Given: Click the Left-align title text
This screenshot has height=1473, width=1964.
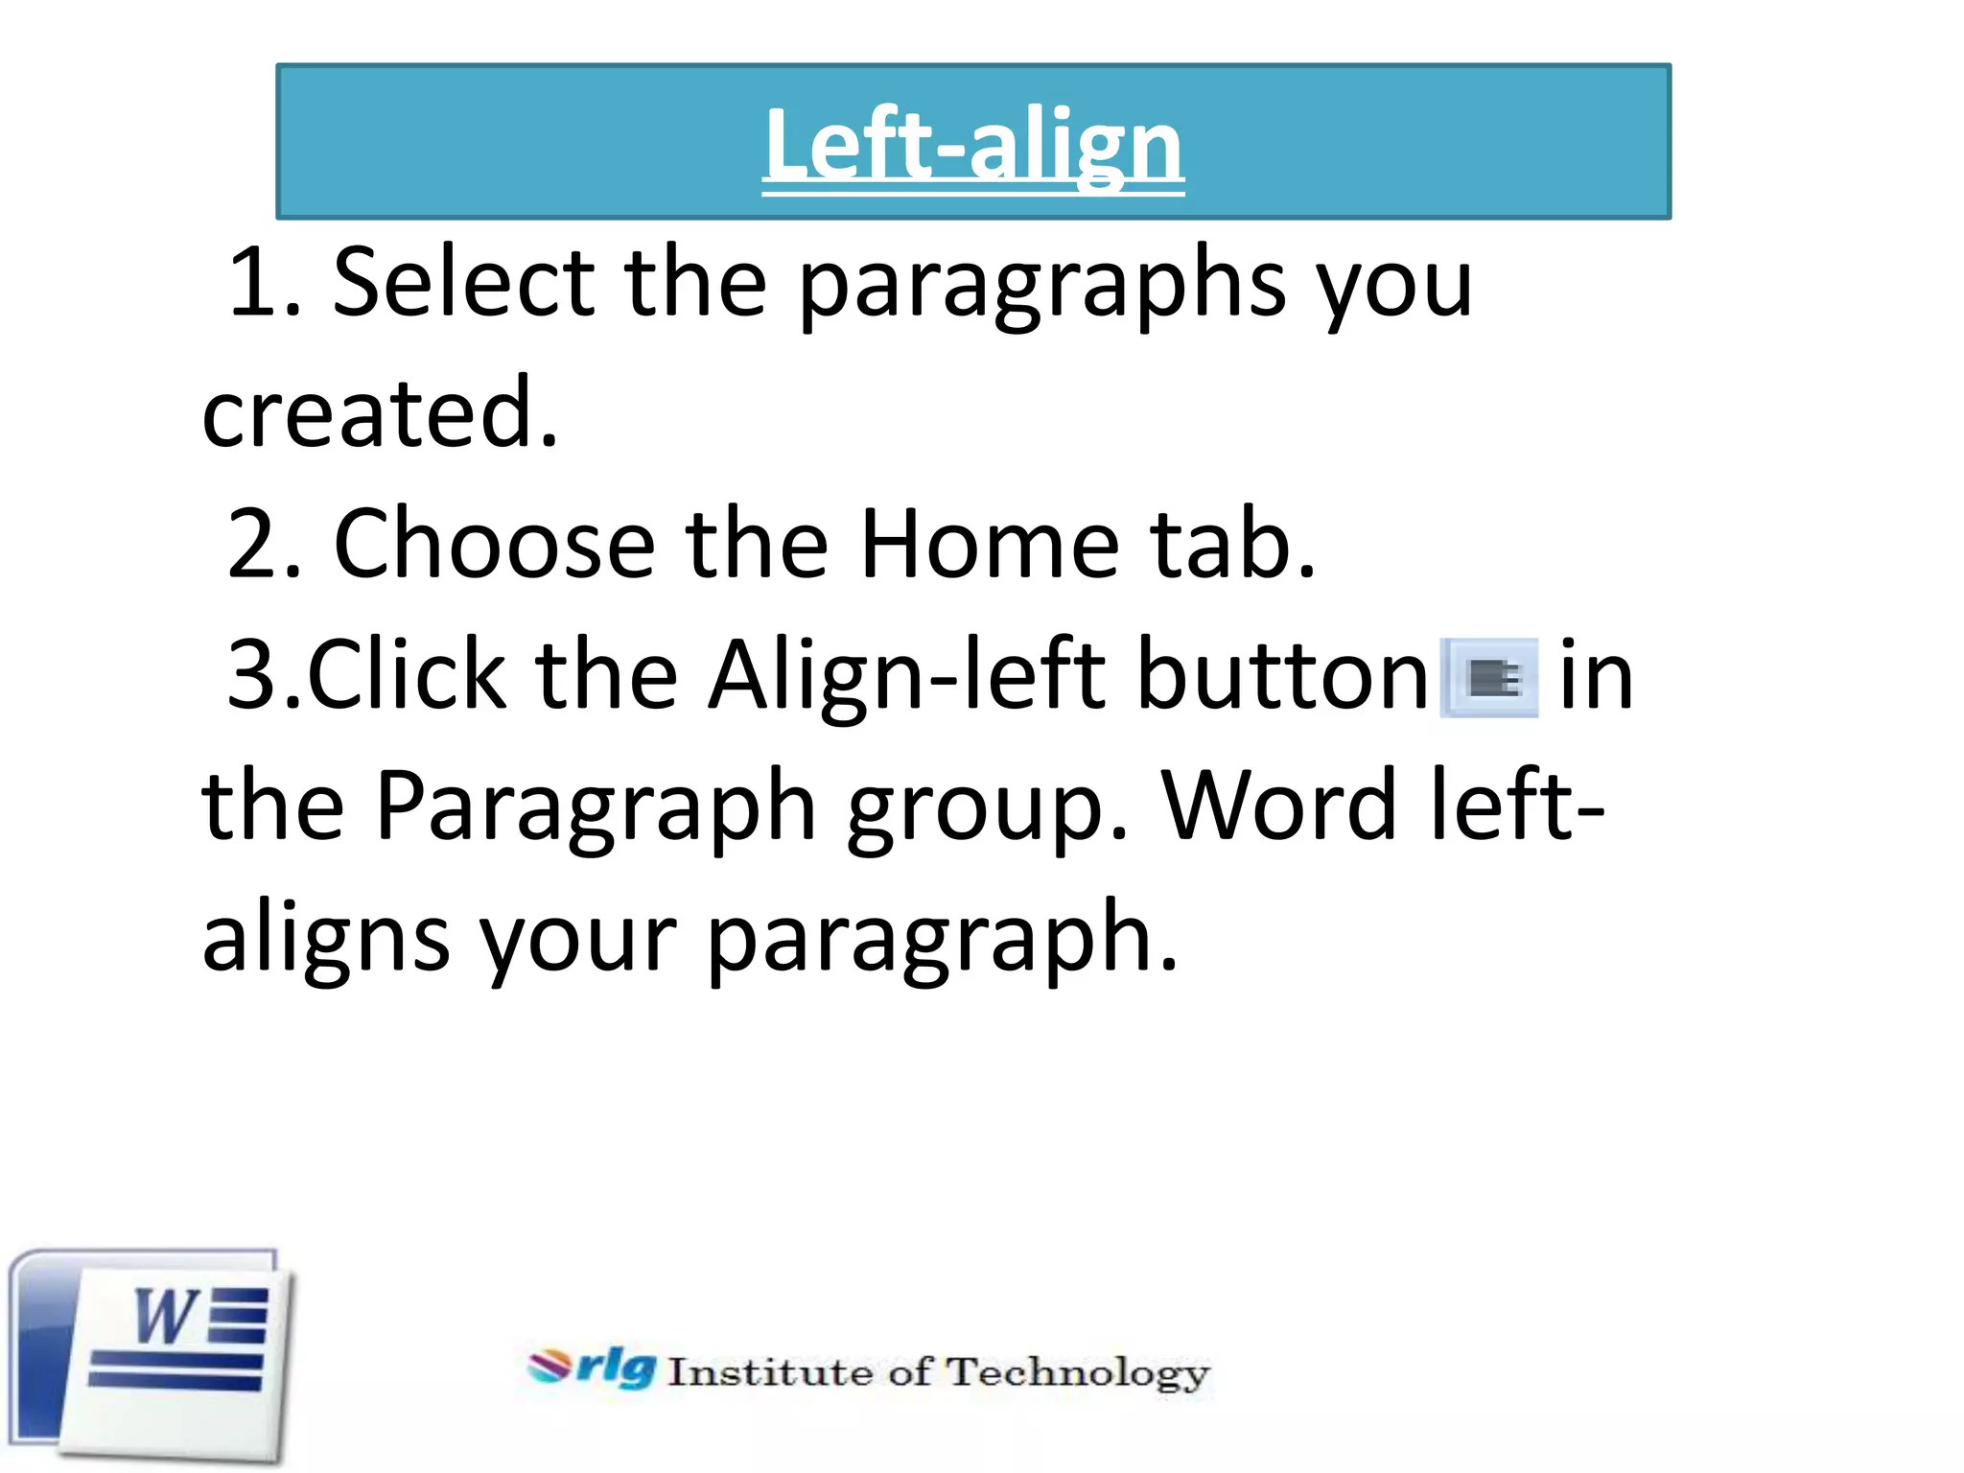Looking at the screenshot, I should pos(972,146).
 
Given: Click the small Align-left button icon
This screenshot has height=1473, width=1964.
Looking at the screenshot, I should pos(1489,678).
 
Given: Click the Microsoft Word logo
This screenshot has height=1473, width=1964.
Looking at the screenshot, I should pos(152,1354).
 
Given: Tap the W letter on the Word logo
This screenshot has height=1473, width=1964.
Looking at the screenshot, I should pos(165,1317).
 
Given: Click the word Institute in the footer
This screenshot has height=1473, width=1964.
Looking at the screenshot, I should pos(770,1372).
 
